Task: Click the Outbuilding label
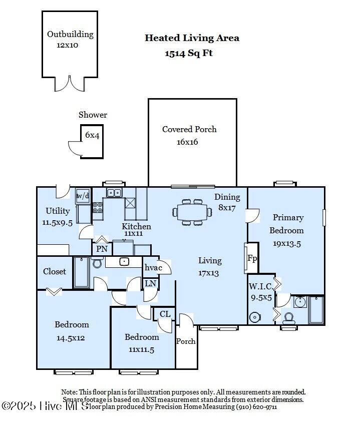tap(70, 34)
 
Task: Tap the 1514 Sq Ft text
tap(189, 53)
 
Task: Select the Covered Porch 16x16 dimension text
tap(187, 142)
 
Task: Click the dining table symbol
tap(192, 212)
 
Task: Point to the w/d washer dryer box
tap(83, 196)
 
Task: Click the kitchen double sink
tap(114, 193)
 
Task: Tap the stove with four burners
tap(98, 207)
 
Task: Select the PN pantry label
tap(102, 249)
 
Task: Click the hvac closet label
tap(153, 267)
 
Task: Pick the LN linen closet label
tap(150, 283)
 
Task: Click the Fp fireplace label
tap(252, 258)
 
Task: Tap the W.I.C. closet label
tap(261, 286)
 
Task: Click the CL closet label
tap(165, 314)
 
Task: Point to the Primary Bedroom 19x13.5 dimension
tap(287, 244)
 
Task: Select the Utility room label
tap(58, 211)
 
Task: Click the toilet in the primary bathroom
tap(289, 318)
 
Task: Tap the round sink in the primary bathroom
tap(300, 302)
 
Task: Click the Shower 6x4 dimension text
tap(92, 135)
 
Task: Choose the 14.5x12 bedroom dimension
tap(71, 338)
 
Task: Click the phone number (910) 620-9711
tap(257, 406)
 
